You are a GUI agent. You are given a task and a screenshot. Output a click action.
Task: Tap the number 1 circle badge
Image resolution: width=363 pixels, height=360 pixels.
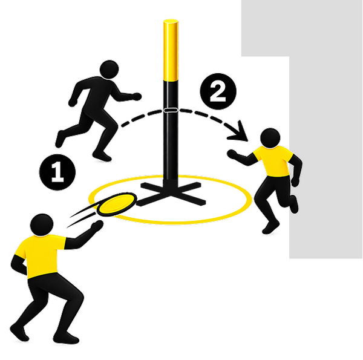[57, 172]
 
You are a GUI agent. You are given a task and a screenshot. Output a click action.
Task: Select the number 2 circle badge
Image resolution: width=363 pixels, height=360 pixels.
[218, 91]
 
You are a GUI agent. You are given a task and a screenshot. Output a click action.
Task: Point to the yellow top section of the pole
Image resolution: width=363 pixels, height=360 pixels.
[171, 50]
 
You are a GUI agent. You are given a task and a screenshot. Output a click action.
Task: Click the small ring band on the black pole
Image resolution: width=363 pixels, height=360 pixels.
[171, 110]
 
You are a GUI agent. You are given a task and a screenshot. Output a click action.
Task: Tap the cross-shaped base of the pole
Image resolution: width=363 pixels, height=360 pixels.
[171, 194]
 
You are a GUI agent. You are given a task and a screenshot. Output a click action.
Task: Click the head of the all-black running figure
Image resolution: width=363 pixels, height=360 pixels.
[109, 70]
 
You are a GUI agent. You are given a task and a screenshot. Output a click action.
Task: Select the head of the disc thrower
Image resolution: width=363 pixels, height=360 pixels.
[42, 225]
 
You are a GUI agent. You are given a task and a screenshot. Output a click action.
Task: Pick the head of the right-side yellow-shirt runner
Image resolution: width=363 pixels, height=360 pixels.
[270, 137]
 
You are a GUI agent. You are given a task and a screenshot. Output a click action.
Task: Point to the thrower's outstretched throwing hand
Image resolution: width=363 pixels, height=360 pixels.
[97, 226]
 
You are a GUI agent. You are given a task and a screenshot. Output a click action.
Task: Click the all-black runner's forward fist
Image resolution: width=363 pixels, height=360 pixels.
[137, 96]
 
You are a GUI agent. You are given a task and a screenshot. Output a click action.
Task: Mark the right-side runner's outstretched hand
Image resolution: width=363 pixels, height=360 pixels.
[232, 154]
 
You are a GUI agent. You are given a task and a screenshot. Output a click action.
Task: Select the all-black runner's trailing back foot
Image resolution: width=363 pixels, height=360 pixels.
[60, 139]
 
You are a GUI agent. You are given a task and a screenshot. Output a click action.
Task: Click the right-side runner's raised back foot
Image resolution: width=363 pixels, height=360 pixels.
[294, 204]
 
